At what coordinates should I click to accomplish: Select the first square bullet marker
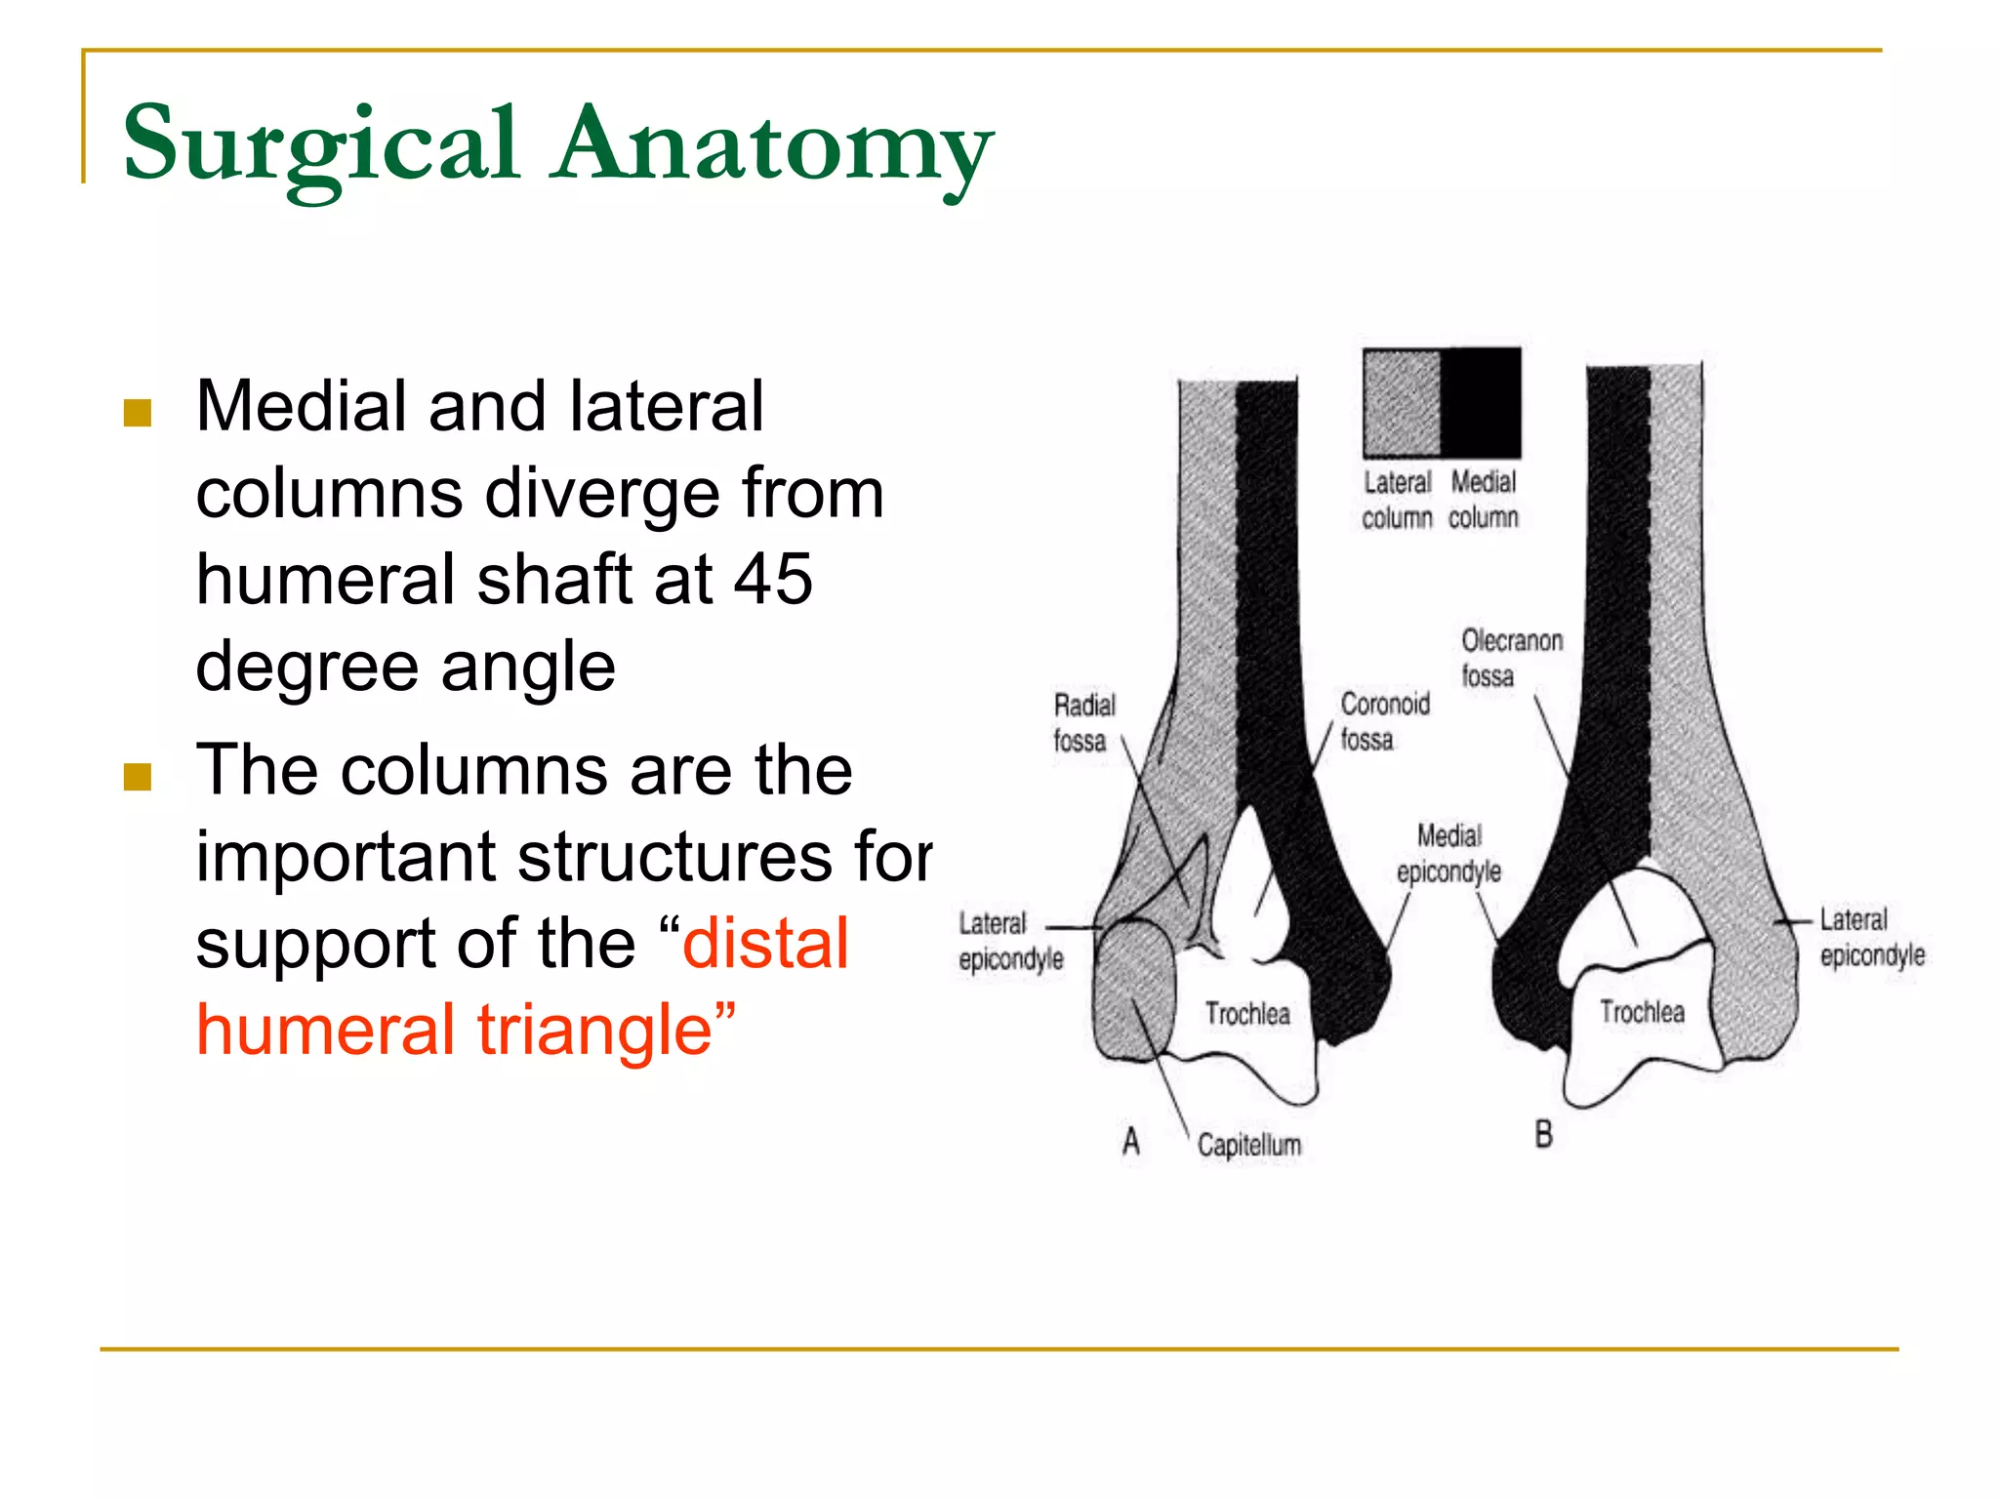138,413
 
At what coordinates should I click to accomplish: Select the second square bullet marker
138,777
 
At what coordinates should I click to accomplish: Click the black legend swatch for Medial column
1481,402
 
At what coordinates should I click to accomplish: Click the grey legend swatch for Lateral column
1402,402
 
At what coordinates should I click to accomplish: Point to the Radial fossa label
1083,723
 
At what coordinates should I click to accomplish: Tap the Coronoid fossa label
1384,721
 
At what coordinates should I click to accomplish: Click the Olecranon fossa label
1511,658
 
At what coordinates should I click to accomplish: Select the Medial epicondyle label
1448,853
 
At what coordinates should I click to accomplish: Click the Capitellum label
1248,1145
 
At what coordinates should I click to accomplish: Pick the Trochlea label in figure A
1246,1014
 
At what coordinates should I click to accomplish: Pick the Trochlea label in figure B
1642,1012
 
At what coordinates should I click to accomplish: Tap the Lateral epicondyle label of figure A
1009,941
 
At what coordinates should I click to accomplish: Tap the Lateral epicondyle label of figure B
1871,937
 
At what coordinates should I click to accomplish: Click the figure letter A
1131,1140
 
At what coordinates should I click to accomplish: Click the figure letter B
1543,1134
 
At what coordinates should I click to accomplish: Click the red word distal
765,944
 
